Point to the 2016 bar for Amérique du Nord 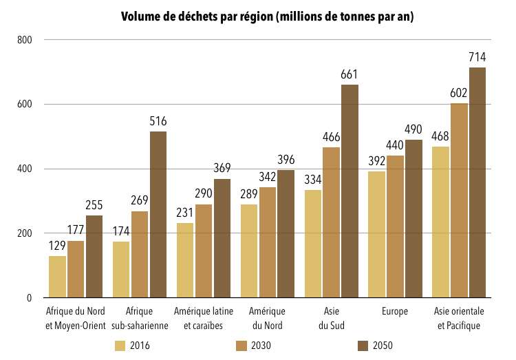(x=249, y=251)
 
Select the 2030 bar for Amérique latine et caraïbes (x=204, y=251)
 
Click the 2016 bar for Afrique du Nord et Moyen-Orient (x=57, y=277)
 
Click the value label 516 (x=158, y=121)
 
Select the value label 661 (x=350, y=74)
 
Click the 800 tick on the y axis (x=25, y=40)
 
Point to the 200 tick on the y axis (x=25, y=233)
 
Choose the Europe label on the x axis (x=395, y=311)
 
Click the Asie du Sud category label (x=331, y=318)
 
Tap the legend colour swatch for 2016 (x=120, y=346)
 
